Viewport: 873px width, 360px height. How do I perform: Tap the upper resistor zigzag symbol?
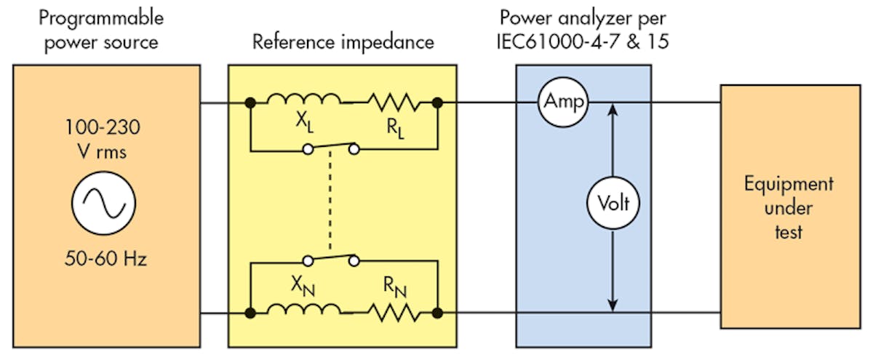pos(393,103)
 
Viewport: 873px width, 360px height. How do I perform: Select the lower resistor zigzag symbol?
pos(393,313)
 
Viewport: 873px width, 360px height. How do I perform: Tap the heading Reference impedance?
pos(343,41)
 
